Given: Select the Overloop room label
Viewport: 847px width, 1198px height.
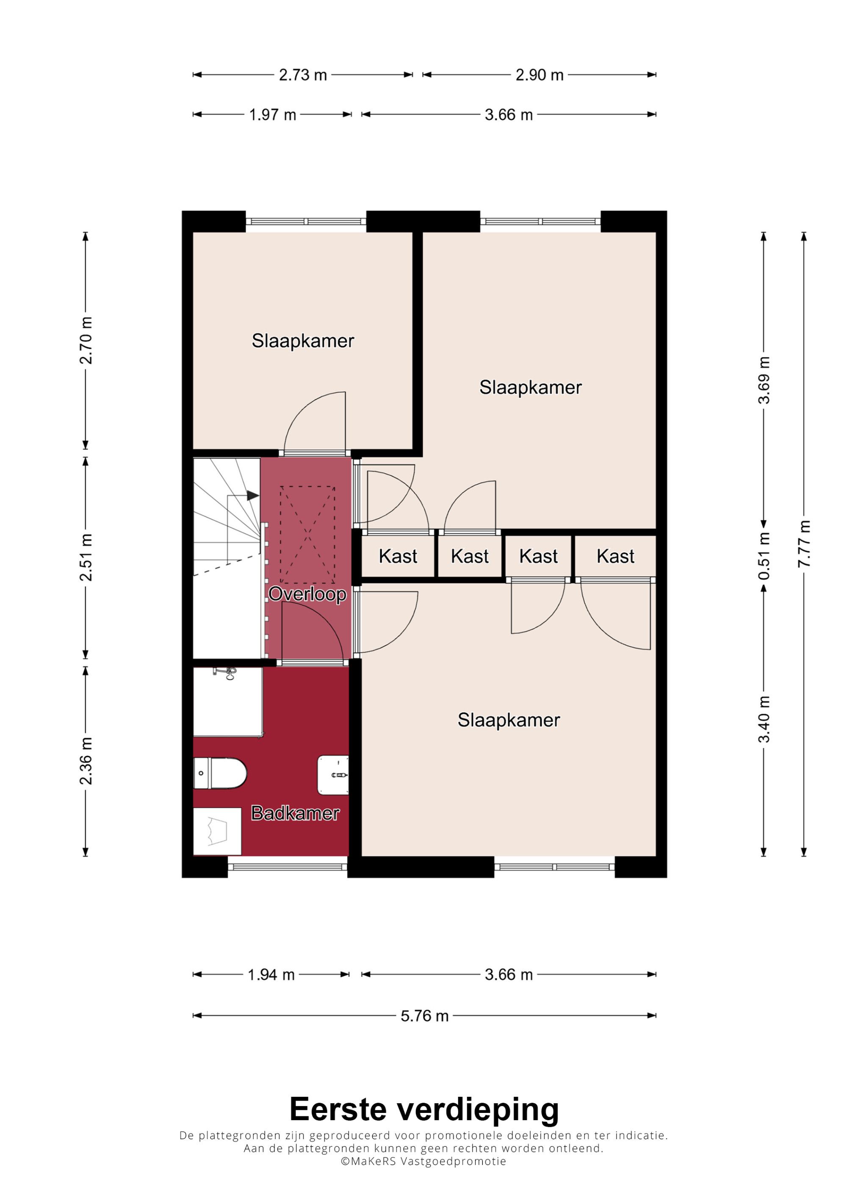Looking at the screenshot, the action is [307, 594].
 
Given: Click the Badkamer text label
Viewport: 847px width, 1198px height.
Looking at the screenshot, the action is [295, 813].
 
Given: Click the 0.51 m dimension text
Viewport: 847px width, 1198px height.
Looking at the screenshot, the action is [764, 556].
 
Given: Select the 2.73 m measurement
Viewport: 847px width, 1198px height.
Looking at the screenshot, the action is [303, 75].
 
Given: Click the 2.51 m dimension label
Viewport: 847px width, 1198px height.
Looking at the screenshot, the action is [86, 557].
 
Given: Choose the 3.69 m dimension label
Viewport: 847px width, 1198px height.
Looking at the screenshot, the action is [764, 381].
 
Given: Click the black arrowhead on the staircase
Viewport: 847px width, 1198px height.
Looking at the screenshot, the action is [252, 495].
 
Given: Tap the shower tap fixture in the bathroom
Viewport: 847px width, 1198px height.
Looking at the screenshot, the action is [225, 673].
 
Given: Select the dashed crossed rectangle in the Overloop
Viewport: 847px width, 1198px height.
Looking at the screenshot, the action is [307, 535].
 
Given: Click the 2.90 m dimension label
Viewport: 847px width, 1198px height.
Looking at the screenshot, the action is [540, 75].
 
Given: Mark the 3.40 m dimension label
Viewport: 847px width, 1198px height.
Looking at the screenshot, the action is [764, 719].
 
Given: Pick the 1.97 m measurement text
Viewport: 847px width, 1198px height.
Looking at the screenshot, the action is [272, 115].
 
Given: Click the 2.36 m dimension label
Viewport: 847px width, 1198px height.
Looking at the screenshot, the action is [86, 761].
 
